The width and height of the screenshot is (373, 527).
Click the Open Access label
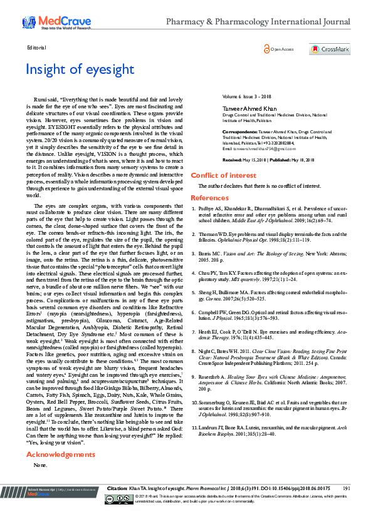pos(281,49)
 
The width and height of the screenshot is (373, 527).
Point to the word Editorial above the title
pos(37,48)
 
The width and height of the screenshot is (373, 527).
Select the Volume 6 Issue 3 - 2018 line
pos(245,96)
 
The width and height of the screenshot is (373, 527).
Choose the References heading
pos(209,198)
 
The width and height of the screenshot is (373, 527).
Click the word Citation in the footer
pos(118,505)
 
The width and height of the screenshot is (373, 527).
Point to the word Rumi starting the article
pos(39,100)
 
